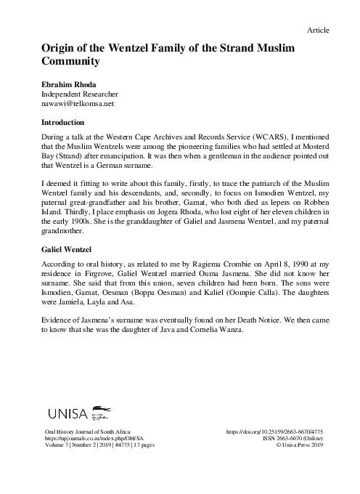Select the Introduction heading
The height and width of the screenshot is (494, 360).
tap(70, 123)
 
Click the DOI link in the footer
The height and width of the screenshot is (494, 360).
tap(276, 432)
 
